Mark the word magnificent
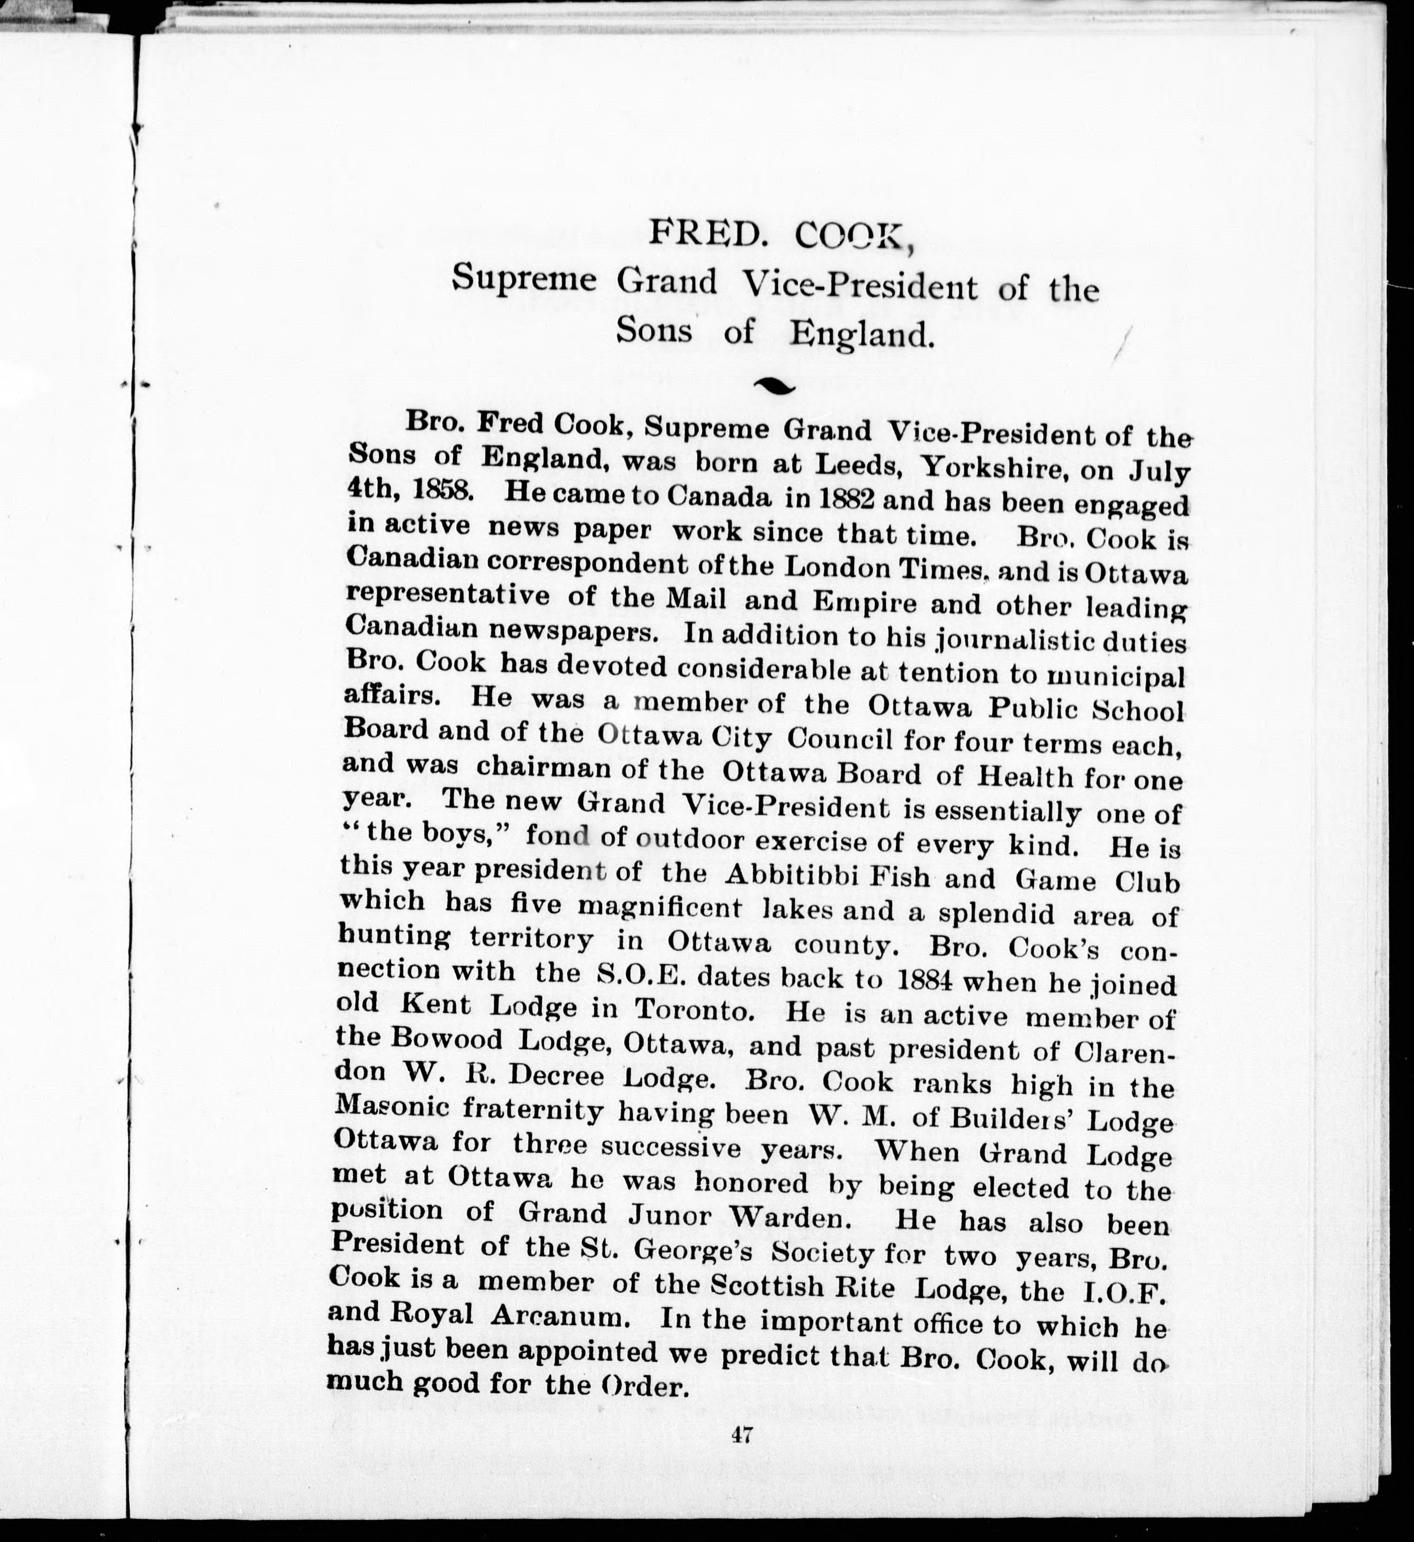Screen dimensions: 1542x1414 tap(659, 908)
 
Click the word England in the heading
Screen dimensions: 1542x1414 tap(863, 334)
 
